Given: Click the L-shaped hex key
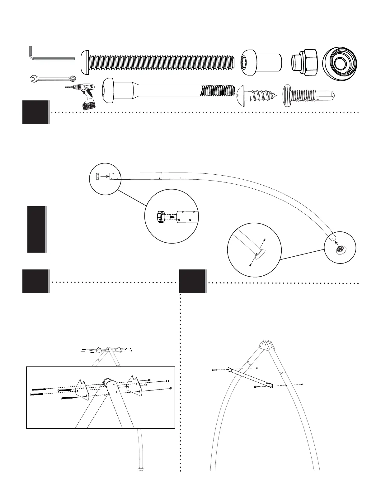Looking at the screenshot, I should pos(50,58).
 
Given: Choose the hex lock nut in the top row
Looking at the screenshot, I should pos(304,61).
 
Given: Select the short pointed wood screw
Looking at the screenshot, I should pos(256,94).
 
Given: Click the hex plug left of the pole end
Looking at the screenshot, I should pos(97,177).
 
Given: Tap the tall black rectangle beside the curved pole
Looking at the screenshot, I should pos(36,229).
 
